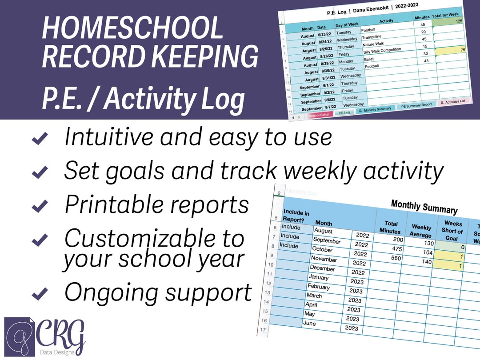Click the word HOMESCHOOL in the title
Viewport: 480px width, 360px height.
[132, 28]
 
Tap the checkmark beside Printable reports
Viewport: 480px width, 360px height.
[40, 206]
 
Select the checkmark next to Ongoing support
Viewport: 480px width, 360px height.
[40, 293]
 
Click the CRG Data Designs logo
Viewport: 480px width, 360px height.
[44, 336]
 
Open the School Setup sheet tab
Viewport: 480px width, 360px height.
[319, 115]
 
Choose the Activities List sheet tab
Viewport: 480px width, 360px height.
[453, 101]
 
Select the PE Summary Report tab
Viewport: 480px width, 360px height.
[416, 106]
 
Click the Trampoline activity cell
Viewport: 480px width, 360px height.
[372, 37]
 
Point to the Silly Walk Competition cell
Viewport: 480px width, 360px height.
[382, 51]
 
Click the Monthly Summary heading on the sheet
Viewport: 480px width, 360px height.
[424, 207]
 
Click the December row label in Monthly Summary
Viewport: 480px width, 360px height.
[322, 268]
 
